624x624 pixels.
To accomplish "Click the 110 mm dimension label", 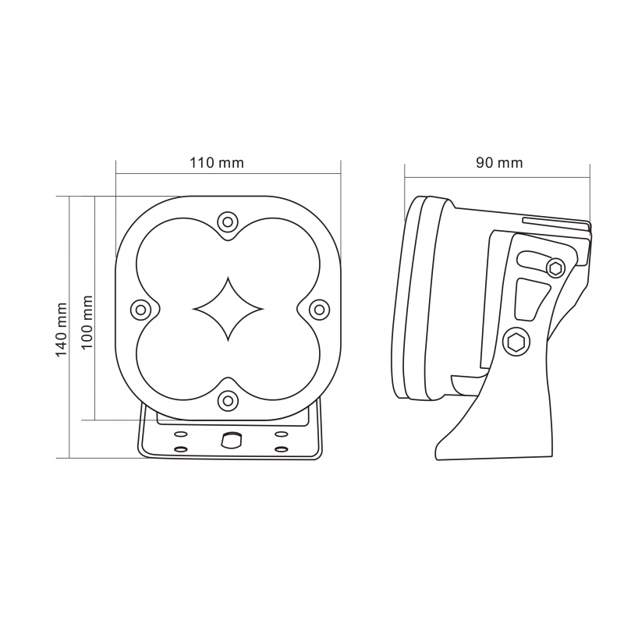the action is click(217, 163).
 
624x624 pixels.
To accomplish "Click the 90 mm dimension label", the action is click(499, 163).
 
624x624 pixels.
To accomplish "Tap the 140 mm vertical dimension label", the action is click(62, 329).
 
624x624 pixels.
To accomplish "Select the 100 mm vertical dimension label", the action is click(87, 322).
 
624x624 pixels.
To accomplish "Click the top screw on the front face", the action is click(228, 222).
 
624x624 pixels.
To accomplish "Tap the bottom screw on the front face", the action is click(228, 400).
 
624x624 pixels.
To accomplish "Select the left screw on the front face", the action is click(140, 309).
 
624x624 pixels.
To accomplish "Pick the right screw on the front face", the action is click(320, 309).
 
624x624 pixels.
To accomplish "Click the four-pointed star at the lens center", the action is click(228, 309).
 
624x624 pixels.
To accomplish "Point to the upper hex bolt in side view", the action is click(555, 268).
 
